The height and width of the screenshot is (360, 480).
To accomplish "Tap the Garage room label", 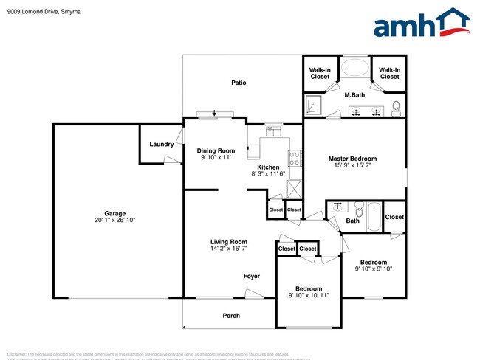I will [114, 212].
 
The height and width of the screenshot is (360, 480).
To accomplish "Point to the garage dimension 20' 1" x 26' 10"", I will [114, 220].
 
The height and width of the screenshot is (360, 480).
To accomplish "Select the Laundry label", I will [161, 144].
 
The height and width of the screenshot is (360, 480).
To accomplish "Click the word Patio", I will [238, 83].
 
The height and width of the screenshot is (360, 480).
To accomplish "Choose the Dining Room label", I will [216, 150].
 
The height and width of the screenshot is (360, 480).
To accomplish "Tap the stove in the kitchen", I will [295, 157].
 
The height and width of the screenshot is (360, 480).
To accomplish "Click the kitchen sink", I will [274, 132].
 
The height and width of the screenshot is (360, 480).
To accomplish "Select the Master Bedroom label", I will [352, 159].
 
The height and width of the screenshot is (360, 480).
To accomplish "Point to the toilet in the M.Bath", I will [397, 107].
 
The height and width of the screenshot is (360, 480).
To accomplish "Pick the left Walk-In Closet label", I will [320, 73].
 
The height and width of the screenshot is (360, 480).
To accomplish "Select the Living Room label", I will [228, 242].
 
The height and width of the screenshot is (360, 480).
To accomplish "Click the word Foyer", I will [252, 277].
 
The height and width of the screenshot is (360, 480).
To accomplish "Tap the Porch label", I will [231, 316].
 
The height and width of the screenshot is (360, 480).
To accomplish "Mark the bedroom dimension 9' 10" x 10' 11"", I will [308, 295].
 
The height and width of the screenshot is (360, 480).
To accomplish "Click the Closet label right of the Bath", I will [394, 217].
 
